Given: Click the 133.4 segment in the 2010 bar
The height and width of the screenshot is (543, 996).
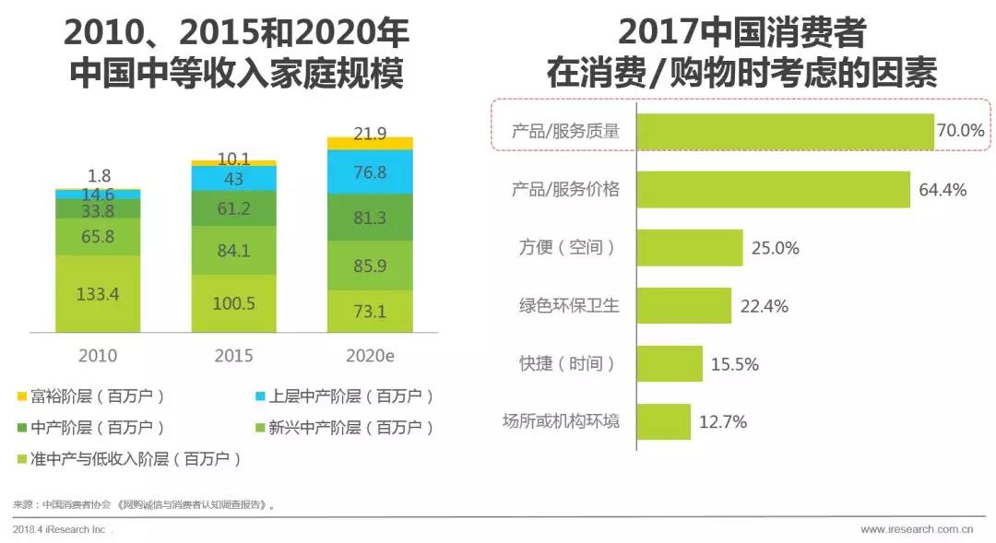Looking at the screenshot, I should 98,294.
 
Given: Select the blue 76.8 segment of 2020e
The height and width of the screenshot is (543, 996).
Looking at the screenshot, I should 370,172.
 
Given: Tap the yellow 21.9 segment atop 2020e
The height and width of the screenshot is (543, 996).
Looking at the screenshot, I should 370,143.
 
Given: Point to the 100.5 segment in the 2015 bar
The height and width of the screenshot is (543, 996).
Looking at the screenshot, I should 233,304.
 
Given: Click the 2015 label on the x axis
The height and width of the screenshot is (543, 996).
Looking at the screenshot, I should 233,355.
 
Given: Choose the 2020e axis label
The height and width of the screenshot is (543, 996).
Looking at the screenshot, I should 370,355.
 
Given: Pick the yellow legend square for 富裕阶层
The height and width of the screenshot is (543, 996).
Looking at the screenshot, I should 21,397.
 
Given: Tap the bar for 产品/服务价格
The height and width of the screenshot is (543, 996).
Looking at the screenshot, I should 773,190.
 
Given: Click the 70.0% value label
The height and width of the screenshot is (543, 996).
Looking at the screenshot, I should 960,132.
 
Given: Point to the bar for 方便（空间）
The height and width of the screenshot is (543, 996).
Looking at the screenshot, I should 690,248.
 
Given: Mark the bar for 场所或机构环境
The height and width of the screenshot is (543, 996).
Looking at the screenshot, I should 663,422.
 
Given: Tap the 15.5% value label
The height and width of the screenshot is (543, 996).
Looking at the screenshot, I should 734,364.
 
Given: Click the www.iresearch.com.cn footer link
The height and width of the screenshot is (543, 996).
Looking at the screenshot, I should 916,530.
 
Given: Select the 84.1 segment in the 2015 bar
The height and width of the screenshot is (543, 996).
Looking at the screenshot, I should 233,251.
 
